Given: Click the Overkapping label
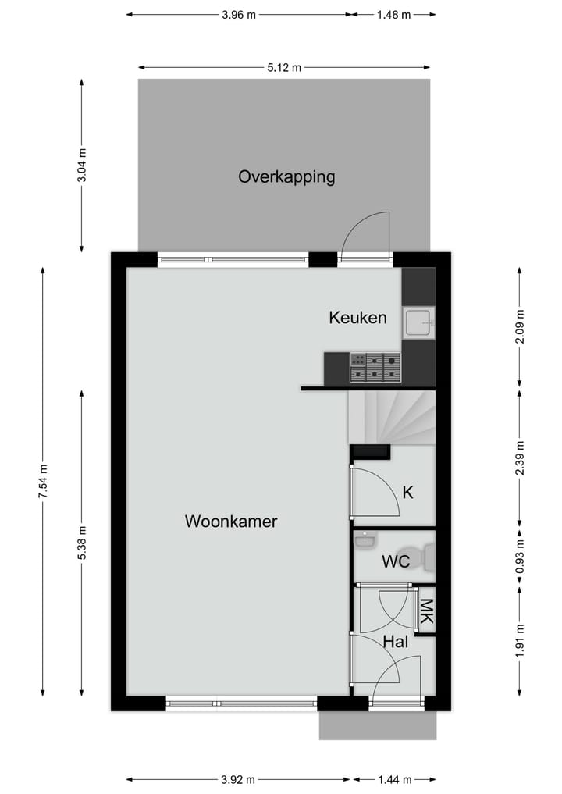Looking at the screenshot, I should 286,176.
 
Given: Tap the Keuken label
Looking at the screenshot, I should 357,318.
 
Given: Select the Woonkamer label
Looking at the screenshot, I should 231,522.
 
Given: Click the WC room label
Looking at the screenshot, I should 396,561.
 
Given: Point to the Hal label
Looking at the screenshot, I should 396,642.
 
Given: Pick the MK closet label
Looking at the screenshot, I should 425,610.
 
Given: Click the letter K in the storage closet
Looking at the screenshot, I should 407,493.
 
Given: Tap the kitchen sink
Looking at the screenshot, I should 419,322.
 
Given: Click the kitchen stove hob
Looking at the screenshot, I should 375,368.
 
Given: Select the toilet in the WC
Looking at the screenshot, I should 426,558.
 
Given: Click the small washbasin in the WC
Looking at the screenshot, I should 365,539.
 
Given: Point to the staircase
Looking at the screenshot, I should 390,418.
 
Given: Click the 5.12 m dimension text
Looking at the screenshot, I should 284,67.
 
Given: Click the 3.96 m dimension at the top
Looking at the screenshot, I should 238,14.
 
